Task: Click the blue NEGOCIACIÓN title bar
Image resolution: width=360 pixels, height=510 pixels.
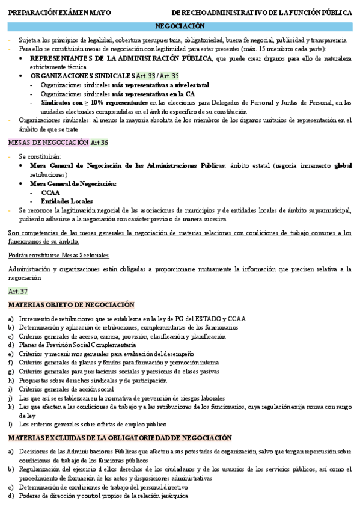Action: pos(180,26)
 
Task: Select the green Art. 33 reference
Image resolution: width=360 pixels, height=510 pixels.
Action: pos(145,76)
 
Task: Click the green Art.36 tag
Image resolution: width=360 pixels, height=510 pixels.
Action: pos(99,143)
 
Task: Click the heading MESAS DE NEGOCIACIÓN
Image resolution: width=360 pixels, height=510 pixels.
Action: pos(48,143)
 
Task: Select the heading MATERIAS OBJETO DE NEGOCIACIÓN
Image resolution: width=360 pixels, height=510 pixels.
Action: pos(72,305)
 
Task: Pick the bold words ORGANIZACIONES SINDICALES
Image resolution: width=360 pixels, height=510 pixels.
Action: pos(82,76)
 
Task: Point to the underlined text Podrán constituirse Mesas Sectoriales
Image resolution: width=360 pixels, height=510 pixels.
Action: pos(59,256)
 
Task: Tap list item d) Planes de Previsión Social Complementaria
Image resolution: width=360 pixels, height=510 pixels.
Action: pos(76,345)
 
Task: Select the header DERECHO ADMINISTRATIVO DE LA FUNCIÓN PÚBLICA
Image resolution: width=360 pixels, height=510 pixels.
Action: pos(262,12)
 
